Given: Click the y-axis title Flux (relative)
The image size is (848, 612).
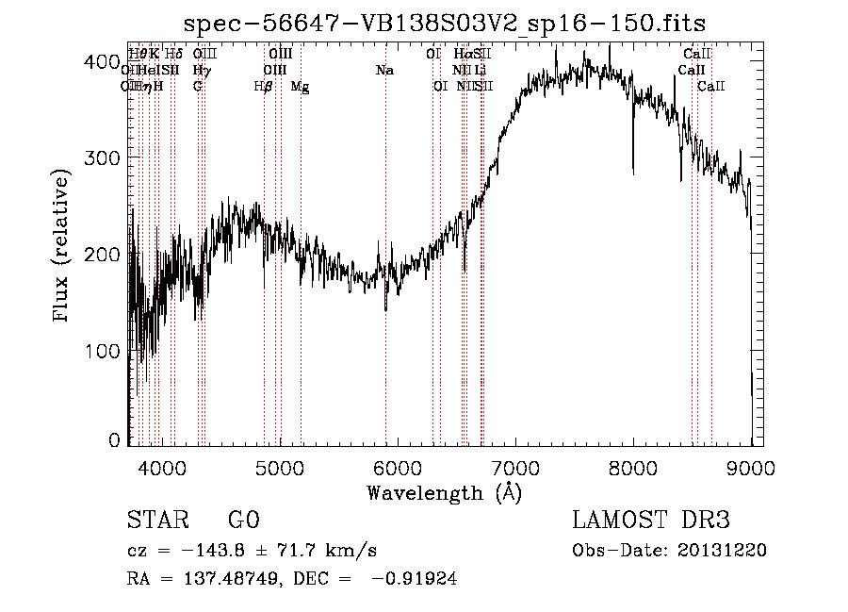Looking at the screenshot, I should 62,247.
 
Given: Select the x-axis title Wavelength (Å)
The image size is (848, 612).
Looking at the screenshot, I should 444,492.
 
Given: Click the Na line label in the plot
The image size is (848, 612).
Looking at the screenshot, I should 384,71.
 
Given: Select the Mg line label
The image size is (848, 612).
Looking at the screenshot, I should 300,87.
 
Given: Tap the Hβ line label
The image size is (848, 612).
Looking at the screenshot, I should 263,87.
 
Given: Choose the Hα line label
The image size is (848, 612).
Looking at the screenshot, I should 463,55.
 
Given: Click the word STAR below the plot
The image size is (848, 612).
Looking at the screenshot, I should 156,521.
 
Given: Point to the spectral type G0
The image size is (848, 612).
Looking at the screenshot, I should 243,521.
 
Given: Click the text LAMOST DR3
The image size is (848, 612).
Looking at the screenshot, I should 651,521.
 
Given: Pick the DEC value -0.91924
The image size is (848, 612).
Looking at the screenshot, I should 416,580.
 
